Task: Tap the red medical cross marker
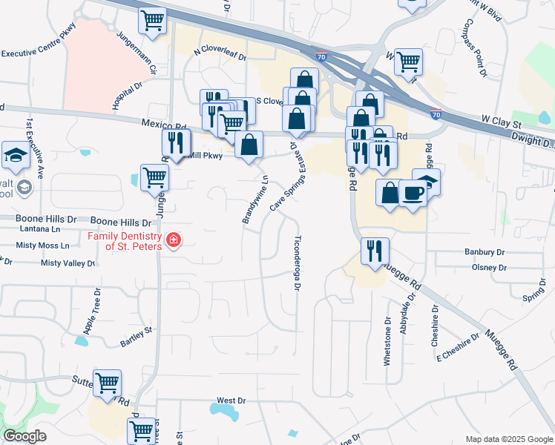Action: pos(173,240)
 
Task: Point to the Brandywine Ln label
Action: pos(254,200)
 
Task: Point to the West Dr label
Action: pos(231,400)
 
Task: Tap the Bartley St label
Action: pos(136,337)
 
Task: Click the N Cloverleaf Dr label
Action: pos(219,53)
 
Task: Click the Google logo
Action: pos(25,437)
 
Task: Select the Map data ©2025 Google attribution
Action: pos(508,439)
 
